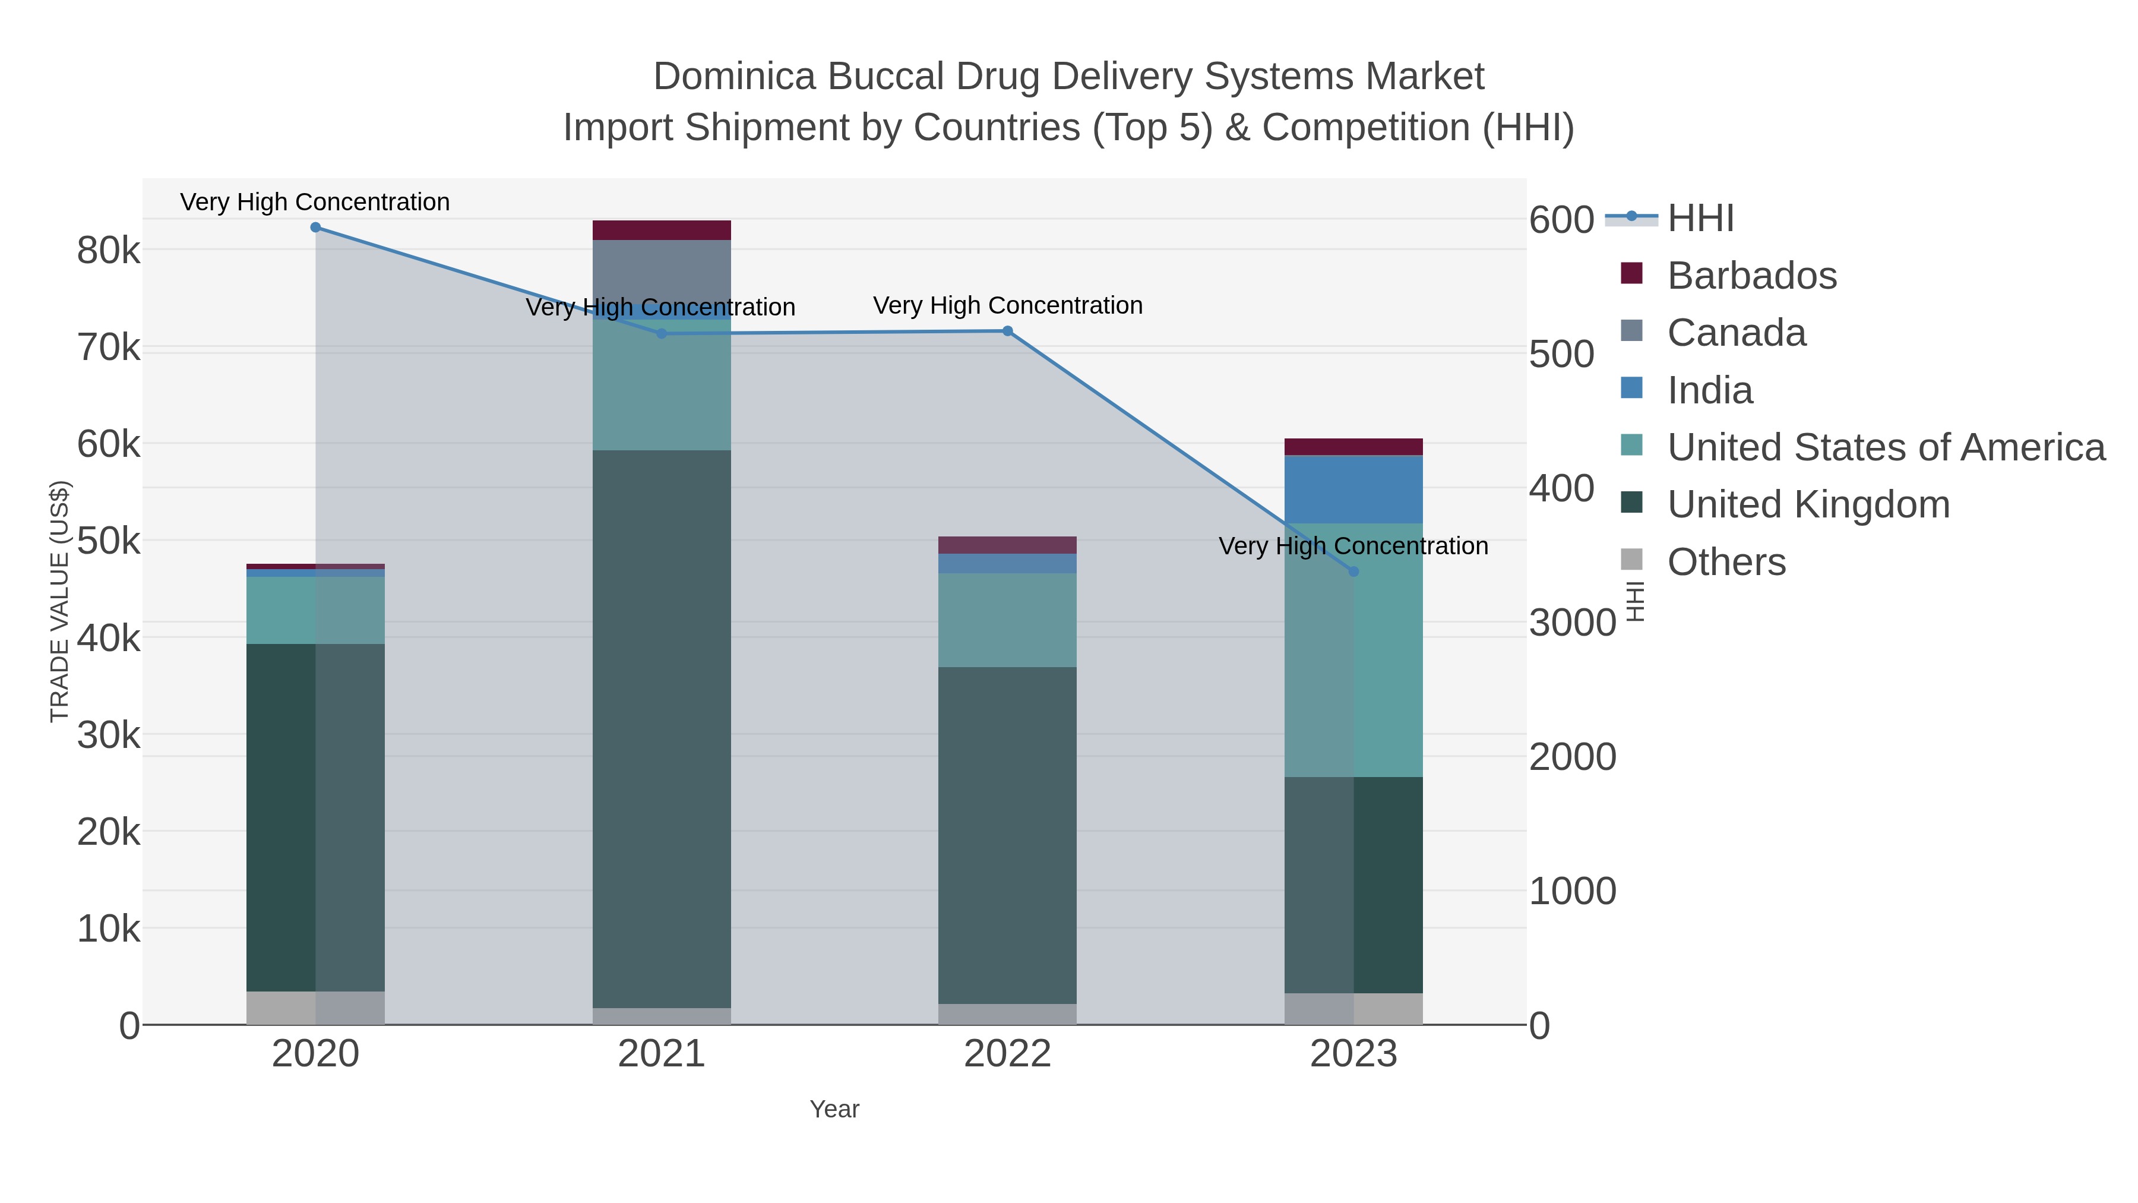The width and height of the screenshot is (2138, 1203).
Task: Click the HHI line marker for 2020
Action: [x=315, y=228]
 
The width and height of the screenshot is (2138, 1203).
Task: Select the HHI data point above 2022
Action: [x=1008, y=331]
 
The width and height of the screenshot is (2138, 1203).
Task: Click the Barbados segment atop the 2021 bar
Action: [x=662, y=230]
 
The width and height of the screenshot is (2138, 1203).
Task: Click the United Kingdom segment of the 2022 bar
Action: [x=1008, y=835]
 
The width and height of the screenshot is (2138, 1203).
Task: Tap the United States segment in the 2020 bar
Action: [x=315, y=610]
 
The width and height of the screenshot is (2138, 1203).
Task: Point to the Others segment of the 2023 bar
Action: [x=1353, y=1009]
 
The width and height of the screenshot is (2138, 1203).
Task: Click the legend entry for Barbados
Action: [x=1751, y=276]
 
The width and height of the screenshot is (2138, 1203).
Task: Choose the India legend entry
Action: [x=1710, y=390]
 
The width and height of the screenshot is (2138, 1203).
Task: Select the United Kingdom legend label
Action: [x=1808, y=505]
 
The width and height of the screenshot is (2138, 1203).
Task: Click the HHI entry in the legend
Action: [x=1700, y=219]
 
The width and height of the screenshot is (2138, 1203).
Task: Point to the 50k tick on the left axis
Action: [x=109, y=541]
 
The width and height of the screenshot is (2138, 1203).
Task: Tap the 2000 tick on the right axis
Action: [x=1572, y=756]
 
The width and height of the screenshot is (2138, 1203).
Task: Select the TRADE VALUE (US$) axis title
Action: [x=60, y=601]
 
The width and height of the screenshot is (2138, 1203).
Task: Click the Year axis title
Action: [x=834, y=1109]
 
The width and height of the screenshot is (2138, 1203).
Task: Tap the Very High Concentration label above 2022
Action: [x=1008, y=305]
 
